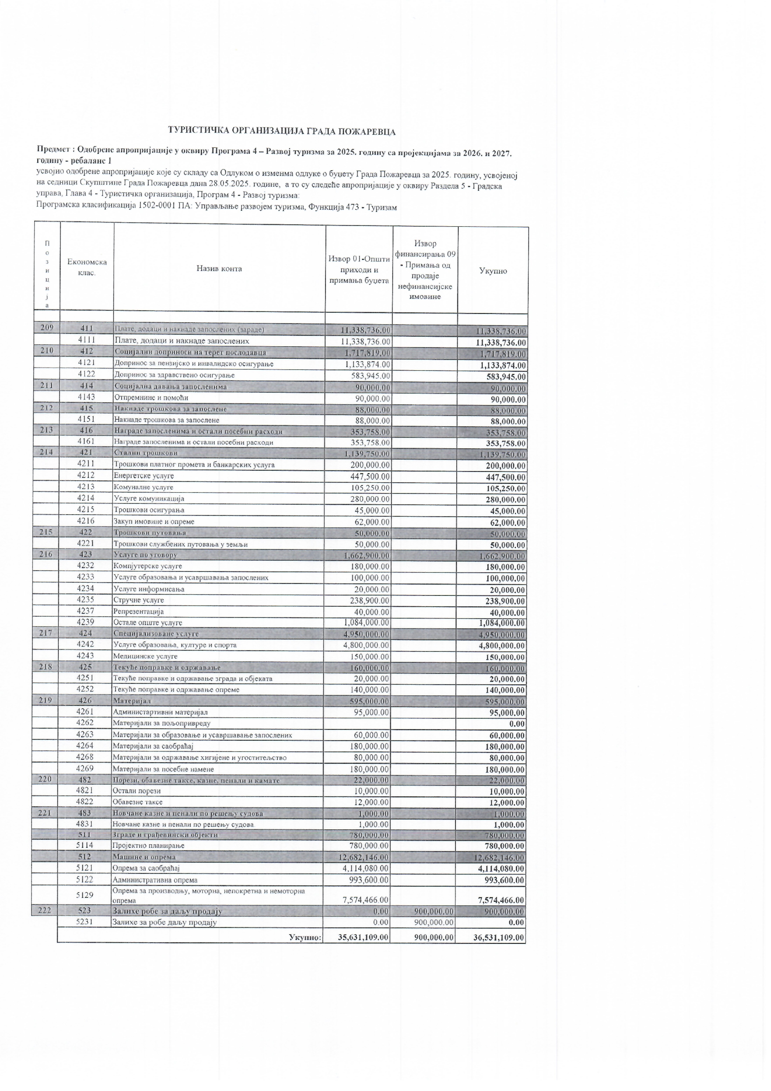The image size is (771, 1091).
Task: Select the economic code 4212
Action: click(x=86, y=475)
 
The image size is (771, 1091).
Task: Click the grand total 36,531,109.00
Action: click(x=499, y=938)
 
